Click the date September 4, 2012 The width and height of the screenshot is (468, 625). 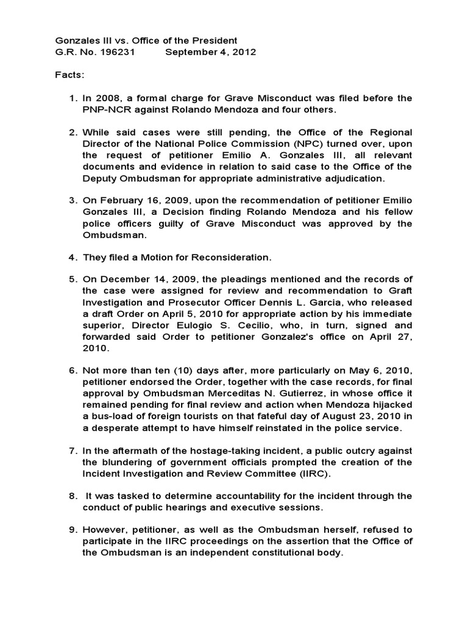coord(211,52)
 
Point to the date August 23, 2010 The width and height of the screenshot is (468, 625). coord(358,417)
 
